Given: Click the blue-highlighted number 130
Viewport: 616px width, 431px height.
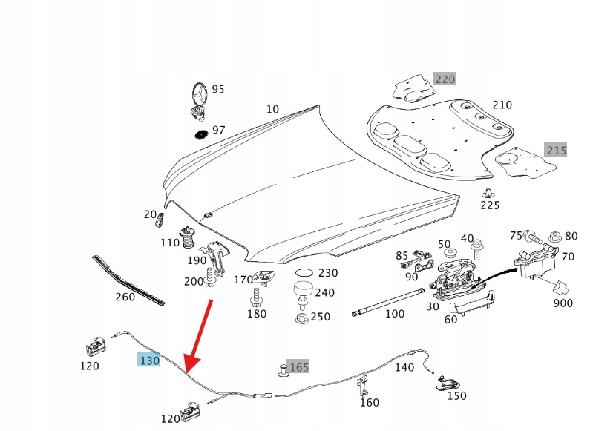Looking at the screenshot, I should (x=149, y=361).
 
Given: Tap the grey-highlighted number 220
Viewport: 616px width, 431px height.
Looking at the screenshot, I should (x=445, y=79).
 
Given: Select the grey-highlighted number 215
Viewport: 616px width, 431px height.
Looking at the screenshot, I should (x=556, y=150).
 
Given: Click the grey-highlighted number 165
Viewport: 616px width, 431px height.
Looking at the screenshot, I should (x=298, y=367).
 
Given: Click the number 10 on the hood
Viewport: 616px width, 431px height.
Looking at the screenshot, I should (x=272, y=109).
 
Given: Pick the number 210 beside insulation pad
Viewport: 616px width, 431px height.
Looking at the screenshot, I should (x=502, y=105).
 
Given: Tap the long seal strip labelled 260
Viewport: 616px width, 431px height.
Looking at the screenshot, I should (x=128, y=280).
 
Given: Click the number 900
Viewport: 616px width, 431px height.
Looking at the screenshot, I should (x=563, y=303).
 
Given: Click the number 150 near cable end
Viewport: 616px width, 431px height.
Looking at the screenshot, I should (x=456, y=396).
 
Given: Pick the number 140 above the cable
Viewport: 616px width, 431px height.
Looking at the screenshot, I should (x=404, y=367).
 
